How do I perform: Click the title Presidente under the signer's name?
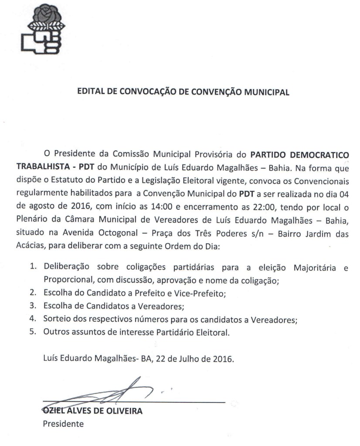63,423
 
